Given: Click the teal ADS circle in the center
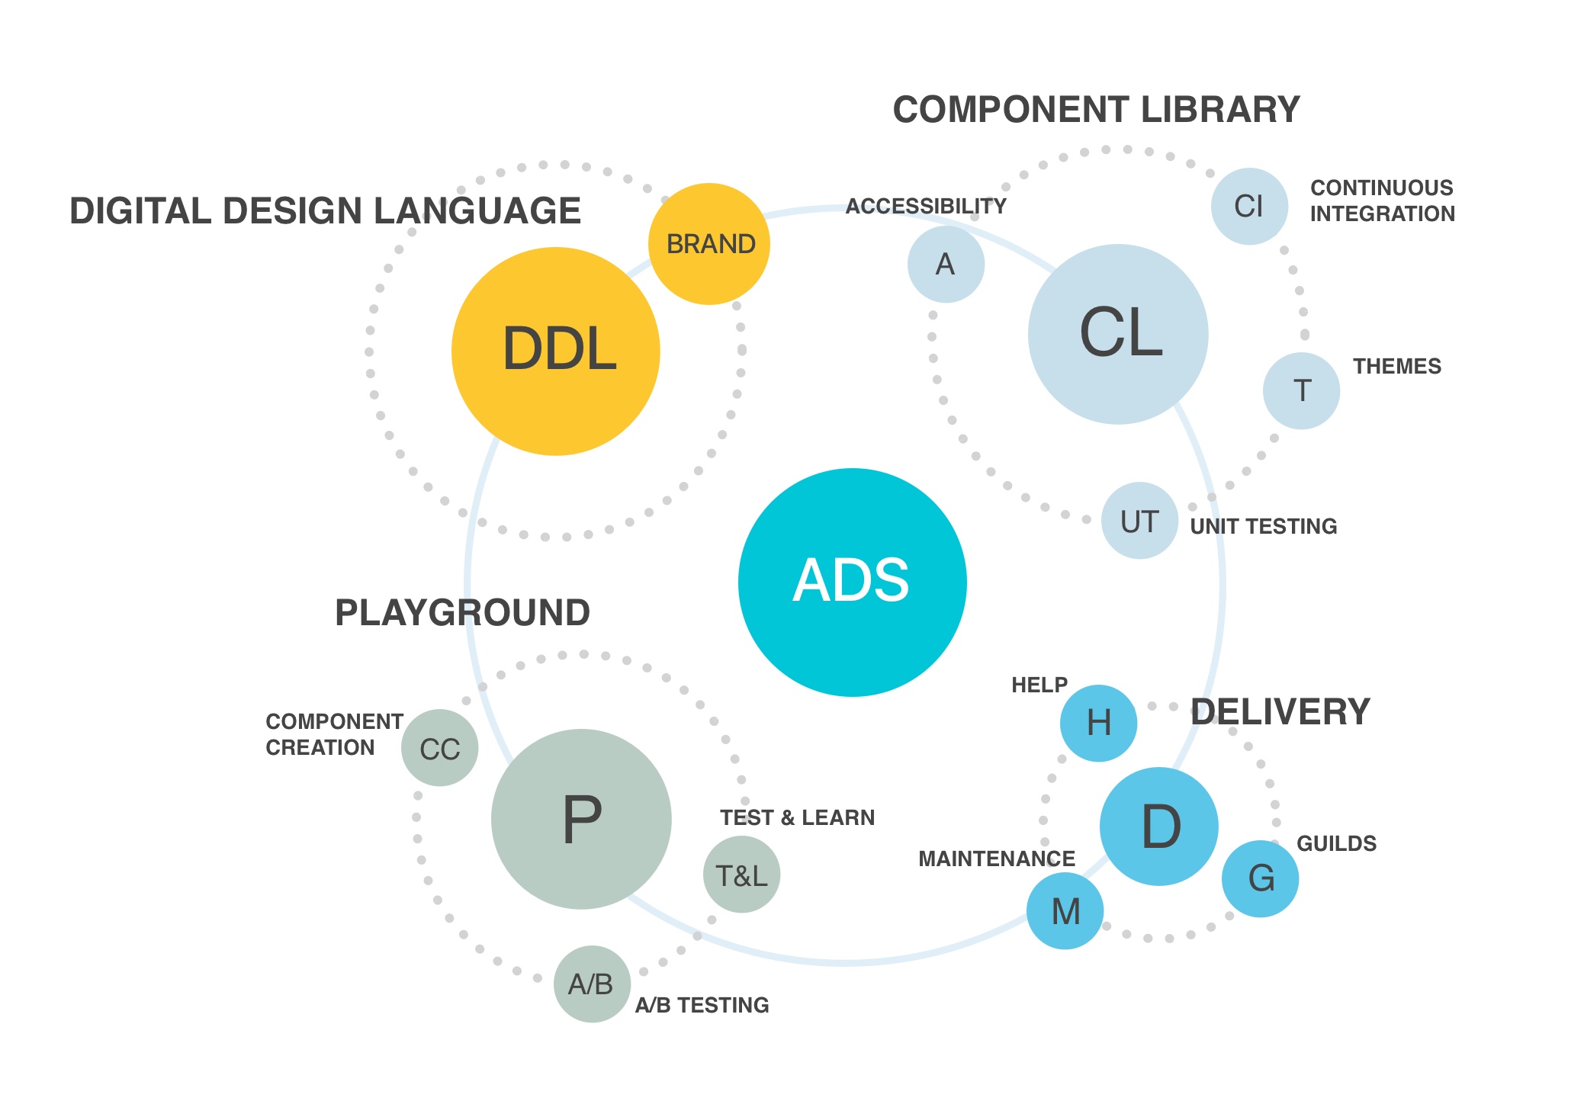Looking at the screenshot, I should pyautogui.click(x=852, y=582).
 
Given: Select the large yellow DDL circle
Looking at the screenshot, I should pyautogui.click(x=556, y=351).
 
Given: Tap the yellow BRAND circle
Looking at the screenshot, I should pyautogui.click(x=709, y=244).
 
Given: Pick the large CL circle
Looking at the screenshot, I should pyautogui.click(x=1118, y=334).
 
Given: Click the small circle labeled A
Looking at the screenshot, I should pyautogui.click(x=946, y=265).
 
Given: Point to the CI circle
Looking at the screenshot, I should pyautogui.click(x=1249, y=206).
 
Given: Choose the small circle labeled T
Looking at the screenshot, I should pyautogui.click(x=1301, y=390).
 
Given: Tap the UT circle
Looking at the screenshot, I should pyautogui.click(x=1139, y=521).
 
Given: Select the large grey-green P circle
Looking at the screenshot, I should pyautogui.click(x=581, y=819).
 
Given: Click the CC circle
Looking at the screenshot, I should pyautogui.click(x=440, y=748).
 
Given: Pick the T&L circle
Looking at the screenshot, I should pyautogui.click(x=741, y=875).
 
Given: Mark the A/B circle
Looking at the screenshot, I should pyautogui.click(x=592, y=984).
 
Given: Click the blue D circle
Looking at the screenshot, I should pyautogui.click(x=1159, y=827).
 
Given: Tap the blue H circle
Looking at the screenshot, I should pyautogui.click(x=1098, y=723).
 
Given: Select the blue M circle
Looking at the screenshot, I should pyautogui.click(x=1065, y=910).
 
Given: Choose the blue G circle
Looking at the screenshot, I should pyautogui.click(x=1260, y=878).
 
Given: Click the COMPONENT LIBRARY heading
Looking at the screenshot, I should pyautogui.click(x=1096, y=110).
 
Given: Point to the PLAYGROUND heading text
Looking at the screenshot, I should pyautogui.click(x=462, y=613).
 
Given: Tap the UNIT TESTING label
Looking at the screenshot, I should pyautogui.click(x=1264, y=526).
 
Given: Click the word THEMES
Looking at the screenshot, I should pyautogui.click(x=1397, y=367).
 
